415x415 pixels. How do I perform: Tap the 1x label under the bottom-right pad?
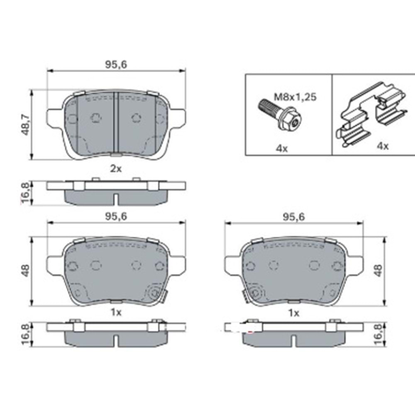click(293, 313)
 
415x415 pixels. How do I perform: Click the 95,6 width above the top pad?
click(116, 64)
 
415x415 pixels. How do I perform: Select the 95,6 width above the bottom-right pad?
click(293, 216)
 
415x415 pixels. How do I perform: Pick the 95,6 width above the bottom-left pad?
click(116, 216)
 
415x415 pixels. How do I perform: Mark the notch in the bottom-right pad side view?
click(293, 340)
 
